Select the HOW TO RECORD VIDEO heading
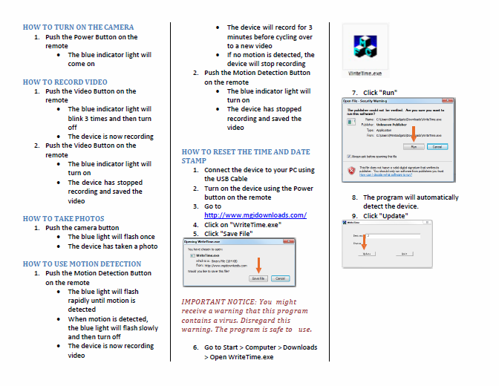tap(65, 82)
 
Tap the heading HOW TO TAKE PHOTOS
tap(63, 219)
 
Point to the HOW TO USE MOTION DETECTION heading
tap(82, 264)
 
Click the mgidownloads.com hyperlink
tap(255, 215)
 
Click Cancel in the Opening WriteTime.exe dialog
tap(280, 278)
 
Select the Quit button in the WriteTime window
tap(403, 253)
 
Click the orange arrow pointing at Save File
tap(258, 265)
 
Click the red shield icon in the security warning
tap(348, 171)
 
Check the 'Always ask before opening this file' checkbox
tap(348, 157)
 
